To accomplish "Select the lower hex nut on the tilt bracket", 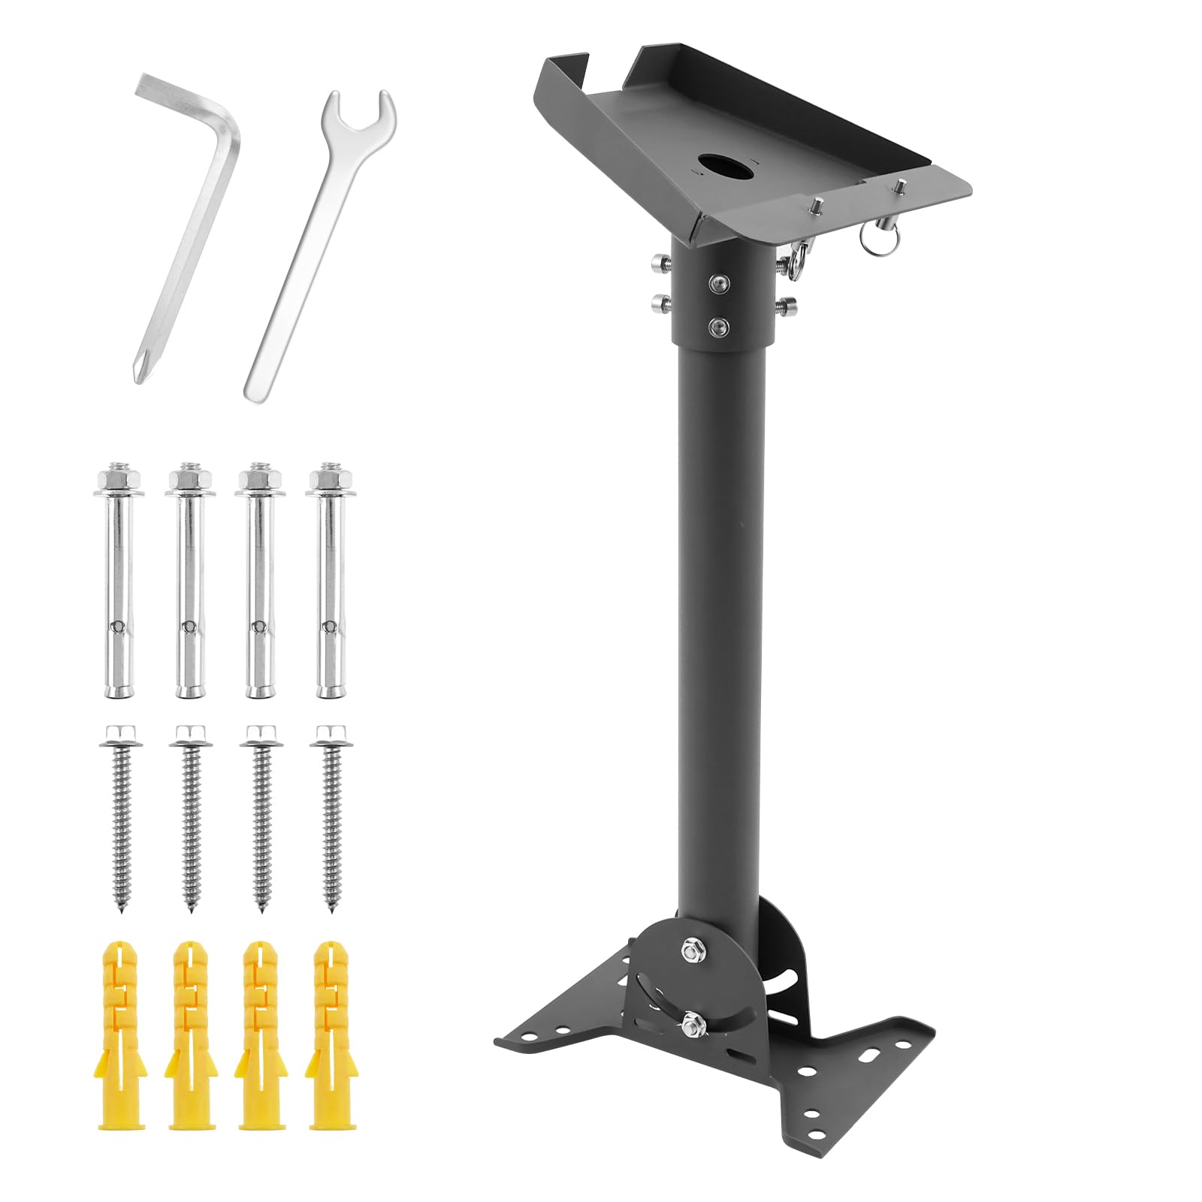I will (692, 1022).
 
